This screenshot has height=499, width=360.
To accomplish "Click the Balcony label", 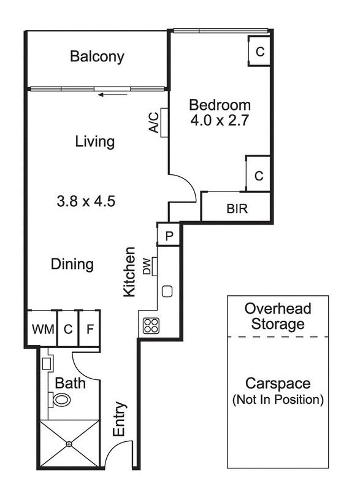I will (x=97, y=57).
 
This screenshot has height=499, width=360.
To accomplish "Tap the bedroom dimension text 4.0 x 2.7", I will (x=220, y=120).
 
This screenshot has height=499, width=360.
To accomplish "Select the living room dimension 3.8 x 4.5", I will (x=86, y=201).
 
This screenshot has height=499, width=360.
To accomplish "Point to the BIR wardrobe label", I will (x=237, y=209).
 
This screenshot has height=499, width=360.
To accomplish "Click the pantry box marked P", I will (x=169, y=235).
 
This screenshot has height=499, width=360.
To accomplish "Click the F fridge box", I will (x=90, y=329).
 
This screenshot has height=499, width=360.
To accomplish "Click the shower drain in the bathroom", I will (x=69, y=443).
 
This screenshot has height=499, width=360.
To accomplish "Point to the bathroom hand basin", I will (x=47, y=363).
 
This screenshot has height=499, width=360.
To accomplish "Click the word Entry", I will (x=120, y=420).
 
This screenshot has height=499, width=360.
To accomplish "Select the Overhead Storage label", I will (x=278, y=316).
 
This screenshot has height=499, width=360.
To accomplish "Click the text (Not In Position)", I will (x=278, y=400).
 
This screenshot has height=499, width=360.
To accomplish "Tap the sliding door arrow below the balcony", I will (x=114, y=94).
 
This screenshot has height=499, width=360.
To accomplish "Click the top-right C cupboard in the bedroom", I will (x=260, y=52).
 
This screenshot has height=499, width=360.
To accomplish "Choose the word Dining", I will (x=72, y=265).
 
